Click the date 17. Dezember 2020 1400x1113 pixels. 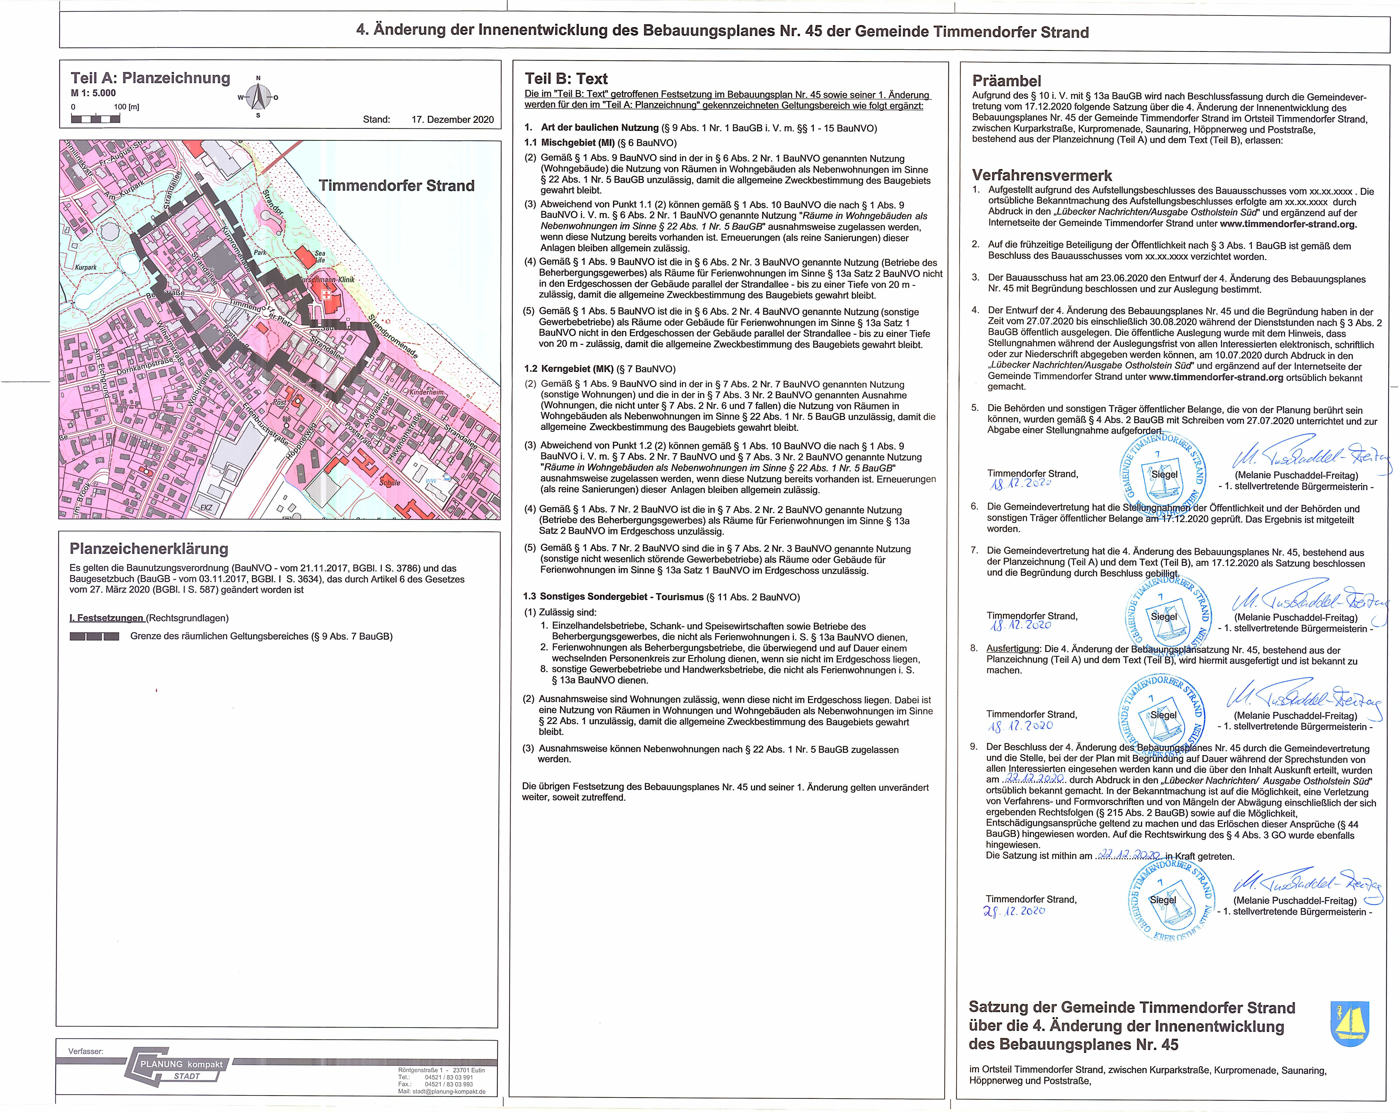coord(453,119)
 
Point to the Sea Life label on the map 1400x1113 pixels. coord(320,256)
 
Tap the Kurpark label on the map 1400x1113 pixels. coord(86,267)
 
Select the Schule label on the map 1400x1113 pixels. coord(390,483)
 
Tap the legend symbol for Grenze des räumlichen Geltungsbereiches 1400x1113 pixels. coord(94,636)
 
